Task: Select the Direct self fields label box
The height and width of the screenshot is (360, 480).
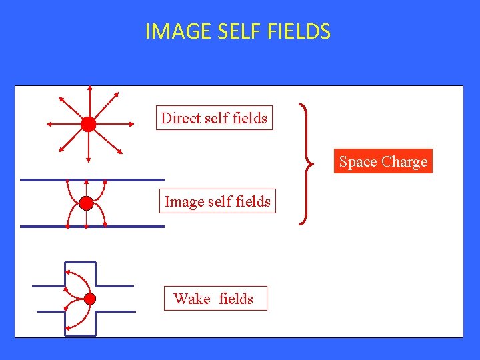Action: pyautogui.click(x=214, y=118)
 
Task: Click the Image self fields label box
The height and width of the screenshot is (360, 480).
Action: pyautogui.click(x=217, y=201)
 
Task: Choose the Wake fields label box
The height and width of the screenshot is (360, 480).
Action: pyautogui.click(x=215, y=298)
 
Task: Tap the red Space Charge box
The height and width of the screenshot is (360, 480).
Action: pyautogui.click(x=383, y=161)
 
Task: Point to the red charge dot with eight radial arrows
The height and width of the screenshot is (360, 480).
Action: pyautogui.click(x=89, y=124)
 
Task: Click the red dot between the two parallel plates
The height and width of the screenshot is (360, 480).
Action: pyautogui.click(x=86, y=203)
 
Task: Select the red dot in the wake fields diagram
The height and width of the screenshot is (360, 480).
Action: pyautogui.click(x=91, y=298)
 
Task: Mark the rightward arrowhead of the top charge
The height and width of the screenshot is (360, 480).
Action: pyautogui.click(x=129, y=124)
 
